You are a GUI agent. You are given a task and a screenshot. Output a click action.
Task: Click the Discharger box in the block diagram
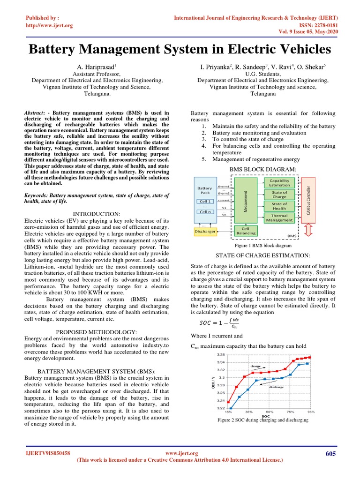coord(204,231)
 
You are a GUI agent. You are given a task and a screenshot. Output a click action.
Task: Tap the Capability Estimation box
coord(279,182)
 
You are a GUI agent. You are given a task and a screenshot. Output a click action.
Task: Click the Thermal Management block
coord(279,217)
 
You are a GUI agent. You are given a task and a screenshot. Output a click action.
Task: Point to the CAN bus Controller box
coord(308,198)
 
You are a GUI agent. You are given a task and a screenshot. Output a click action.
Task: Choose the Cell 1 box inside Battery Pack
coord(204,202)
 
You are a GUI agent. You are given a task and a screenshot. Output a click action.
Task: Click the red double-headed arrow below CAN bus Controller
coord(308,230)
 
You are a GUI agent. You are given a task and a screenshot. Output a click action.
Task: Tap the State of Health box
coord(279,206)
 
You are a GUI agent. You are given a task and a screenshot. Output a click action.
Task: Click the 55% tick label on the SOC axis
coord(270,412)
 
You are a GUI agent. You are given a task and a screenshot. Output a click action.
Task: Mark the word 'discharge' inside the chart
coord(276,387)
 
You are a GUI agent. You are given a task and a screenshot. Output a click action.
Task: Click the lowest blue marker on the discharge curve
coord(231,408)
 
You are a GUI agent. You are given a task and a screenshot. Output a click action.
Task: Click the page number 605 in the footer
coord(331,453)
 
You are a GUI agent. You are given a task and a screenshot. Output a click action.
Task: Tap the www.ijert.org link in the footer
coord(182,453)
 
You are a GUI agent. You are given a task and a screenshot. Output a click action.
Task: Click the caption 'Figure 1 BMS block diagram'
coord(263,246)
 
